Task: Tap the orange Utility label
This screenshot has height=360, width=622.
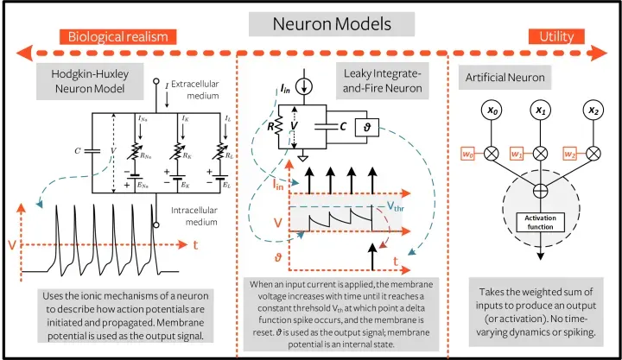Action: [555, 37]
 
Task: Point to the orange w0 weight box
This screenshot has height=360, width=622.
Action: [466, 155]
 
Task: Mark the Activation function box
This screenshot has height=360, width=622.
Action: [541, 222]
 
